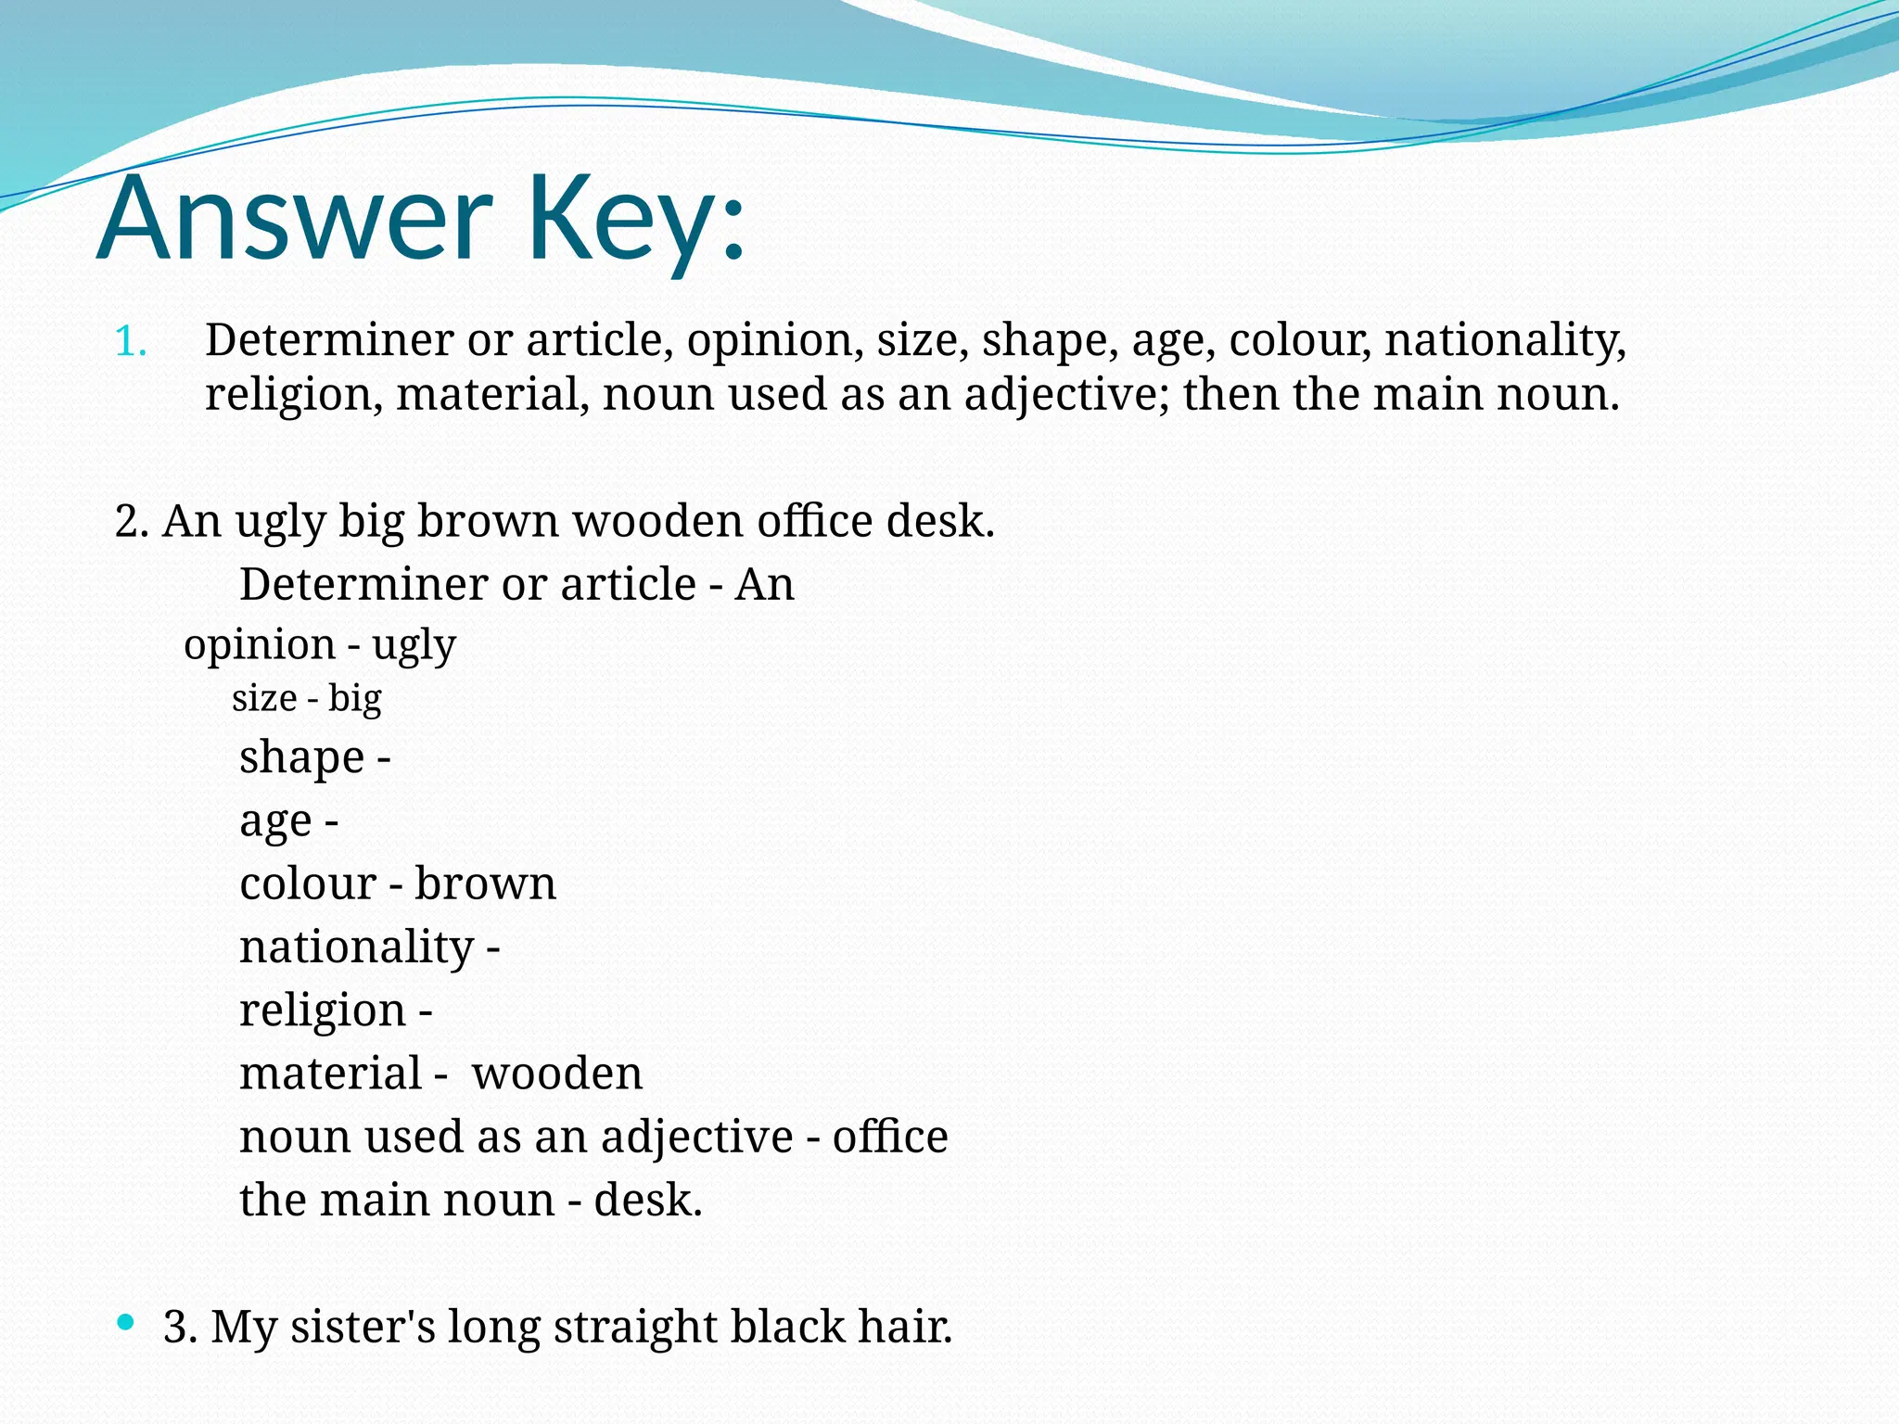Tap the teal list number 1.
pyautogui.click(x=130, y=342)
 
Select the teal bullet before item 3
pyautogui.click(x=126, y=1322)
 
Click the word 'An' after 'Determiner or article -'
pyautogui.click(x=764, y=585)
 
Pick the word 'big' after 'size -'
pyautogui.click(x=354, y=699)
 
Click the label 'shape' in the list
pyautogui.click(x=301, y=757)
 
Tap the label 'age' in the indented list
pyautogui.click(x=275, y=821)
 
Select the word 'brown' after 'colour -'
pyautogui.click(x=485, y=884)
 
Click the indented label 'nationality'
pyautogui.click(x=357, y=947)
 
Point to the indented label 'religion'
pyautogui.click(x=323, y=1011)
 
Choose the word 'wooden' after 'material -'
pyautogui.click(x=556, y=1074)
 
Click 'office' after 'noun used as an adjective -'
pyautogui.click(x=889, y=1137)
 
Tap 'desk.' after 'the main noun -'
pyautogui.click(x=648, y=1200)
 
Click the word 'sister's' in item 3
pyautogui.click(x=363, y=1327)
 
